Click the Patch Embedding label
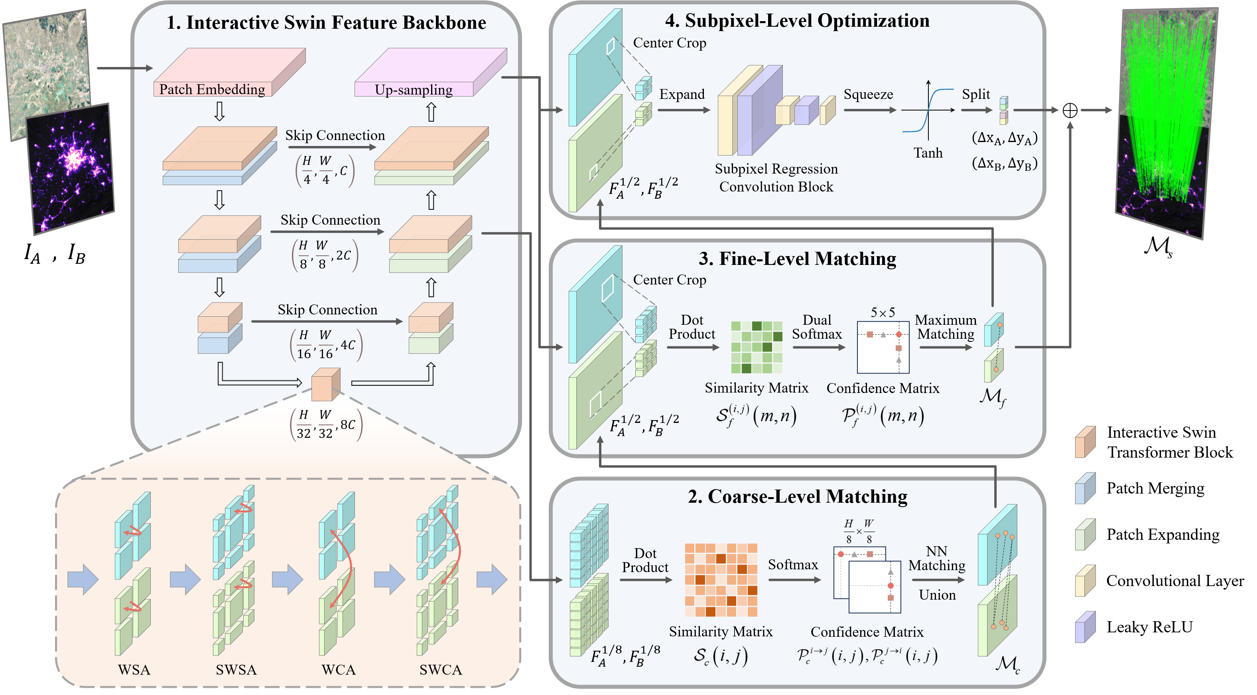point(212,89)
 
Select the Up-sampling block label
point(413,90)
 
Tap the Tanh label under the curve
point(928,153)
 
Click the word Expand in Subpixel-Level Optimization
point(682,94)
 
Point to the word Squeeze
point(868,94)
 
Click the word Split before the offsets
point(975,94)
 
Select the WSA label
point(134,669)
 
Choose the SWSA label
point(236,669)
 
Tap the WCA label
point(339,669)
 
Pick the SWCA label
point(441,669)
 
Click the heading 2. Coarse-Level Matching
point(797,496)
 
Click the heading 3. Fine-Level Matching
point(797,259)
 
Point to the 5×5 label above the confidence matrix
point(883,312)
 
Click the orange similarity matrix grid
point(721,580)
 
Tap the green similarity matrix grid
point(757,347)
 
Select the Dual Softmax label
point(817,327)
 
